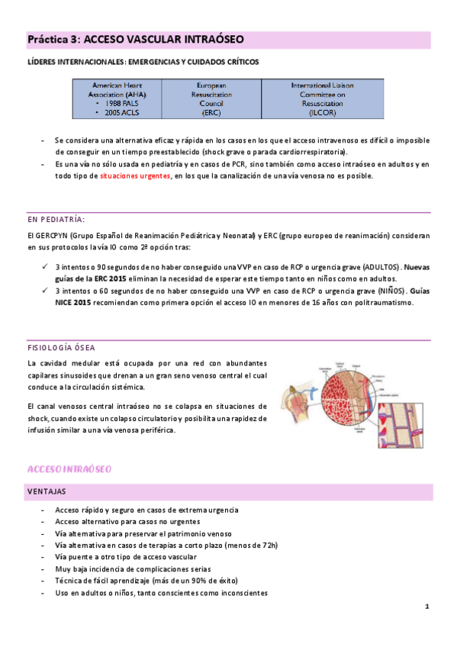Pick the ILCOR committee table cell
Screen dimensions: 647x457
click(322, 99)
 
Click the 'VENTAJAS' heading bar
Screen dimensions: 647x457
click(47, 492)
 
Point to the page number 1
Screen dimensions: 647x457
click(427, 607)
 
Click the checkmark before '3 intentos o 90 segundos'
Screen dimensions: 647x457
click(45, 268)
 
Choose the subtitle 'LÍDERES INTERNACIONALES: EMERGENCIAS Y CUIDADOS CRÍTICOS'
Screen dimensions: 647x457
click(143, 60)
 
